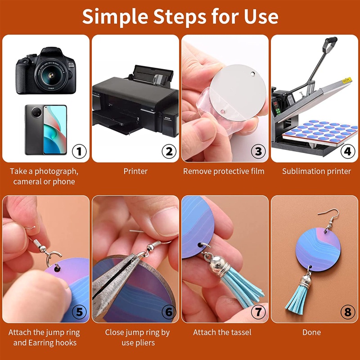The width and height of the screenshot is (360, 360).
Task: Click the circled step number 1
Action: [79, 151]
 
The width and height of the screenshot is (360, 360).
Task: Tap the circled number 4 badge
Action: [348, 151]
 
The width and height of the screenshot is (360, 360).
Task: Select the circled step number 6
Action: [169, 312]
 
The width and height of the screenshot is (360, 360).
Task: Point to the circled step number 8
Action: [348, 312]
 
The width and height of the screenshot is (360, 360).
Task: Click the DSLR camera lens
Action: [51, 75]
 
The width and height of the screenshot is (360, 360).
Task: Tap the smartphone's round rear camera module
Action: [36, 112]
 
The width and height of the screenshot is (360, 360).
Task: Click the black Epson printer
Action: [135, 101]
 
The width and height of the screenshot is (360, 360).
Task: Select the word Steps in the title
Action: [180, 17]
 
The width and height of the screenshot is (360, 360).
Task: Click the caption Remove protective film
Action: [224, 171]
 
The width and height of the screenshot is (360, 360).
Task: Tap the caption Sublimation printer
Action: [316, 171]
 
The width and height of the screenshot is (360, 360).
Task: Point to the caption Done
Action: [311, 332]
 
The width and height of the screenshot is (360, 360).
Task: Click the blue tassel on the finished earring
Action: [297, 298]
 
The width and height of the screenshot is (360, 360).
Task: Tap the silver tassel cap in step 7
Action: [219, 266]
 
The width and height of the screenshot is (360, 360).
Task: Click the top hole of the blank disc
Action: [253, 74]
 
